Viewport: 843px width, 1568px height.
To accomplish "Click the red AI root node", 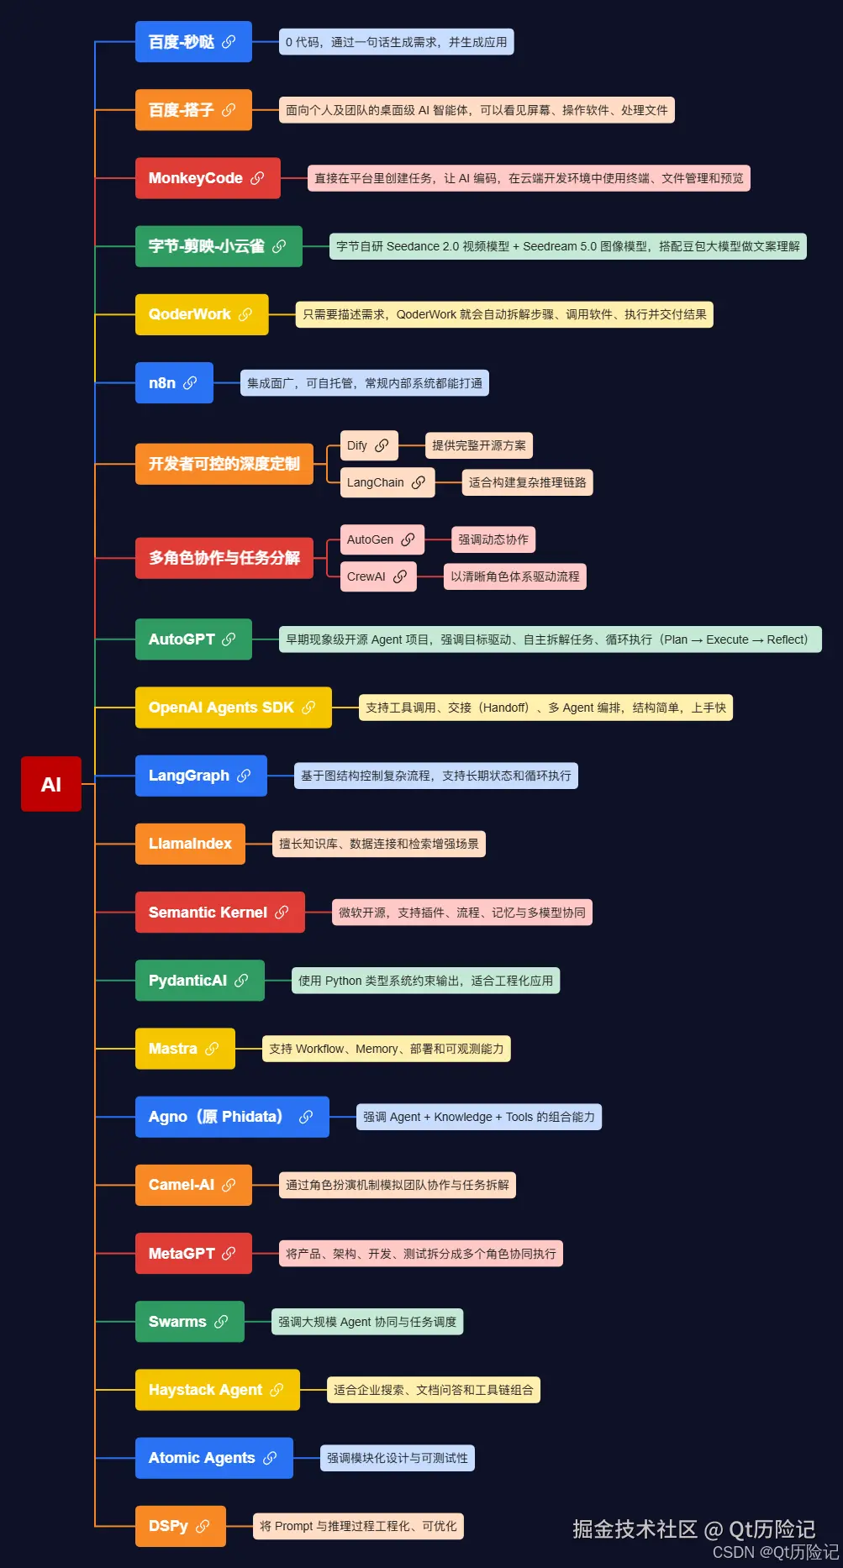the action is (51, 784).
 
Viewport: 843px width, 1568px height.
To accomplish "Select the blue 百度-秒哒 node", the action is (193, 42).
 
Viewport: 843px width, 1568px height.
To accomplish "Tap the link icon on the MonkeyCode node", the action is (257, 178).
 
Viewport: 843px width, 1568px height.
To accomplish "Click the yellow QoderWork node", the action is (202, 314).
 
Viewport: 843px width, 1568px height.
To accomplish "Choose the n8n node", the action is (174, 383).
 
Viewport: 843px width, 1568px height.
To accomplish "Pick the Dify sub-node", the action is (369, 445).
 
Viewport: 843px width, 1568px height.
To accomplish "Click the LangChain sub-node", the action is (387, 482).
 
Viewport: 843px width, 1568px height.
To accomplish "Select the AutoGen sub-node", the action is (382, 539).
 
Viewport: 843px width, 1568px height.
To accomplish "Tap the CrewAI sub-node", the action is (378, 576).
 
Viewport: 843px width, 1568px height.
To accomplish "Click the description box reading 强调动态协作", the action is (493, 539).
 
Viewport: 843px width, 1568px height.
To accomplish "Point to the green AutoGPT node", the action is (193, 639).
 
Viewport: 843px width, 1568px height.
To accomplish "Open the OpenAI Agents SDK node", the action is (234, 708).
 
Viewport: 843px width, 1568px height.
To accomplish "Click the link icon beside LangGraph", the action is (244, 776).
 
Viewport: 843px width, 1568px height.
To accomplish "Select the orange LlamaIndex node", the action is (190, 844).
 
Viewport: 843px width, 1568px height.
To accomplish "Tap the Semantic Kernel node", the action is (220, 913).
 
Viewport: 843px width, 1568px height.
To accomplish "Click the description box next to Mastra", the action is (387, 1049).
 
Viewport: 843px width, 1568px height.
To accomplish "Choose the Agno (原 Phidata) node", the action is (232, 1117).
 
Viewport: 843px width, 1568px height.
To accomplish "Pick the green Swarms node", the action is (190, 1322).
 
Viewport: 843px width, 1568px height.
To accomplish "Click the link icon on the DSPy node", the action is (203, 1526).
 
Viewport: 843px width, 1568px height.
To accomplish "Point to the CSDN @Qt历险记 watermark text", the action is (776, 1552).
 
